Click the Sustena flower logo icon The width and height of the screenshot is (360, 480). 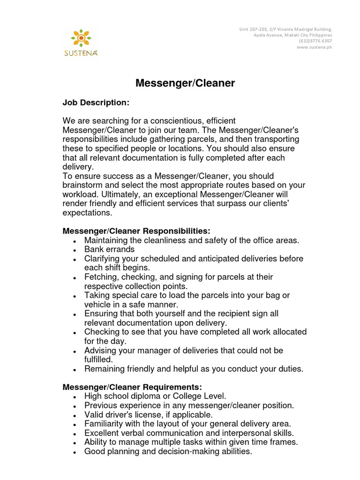click(81, 37)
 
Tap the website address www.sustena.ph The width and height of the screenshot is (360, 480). click(315, 47)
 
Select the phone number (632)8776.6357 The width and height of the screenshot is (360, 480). click(315, 41)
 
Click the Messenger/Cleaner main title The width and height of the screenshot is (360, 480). click(185, 83)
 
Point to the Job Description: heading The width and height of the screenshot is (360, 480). click(96, 102)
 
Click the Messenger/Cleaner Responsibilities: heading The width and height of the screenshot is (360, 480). click(137, 231)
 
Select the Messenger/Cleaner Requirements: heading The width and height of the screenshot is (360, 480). click(133, 387)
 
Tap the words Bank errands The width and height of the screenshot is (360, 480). click(109, 249)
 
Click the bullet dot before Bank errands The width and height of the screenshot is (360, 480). click(75, 250)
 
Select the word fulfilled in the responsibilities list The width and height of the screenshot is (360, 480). click(98, 359)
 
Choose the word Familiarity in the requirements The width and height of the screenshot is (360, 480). click(104, 424)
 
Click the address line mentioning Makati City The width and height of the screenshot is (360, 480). click(292, 35)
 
